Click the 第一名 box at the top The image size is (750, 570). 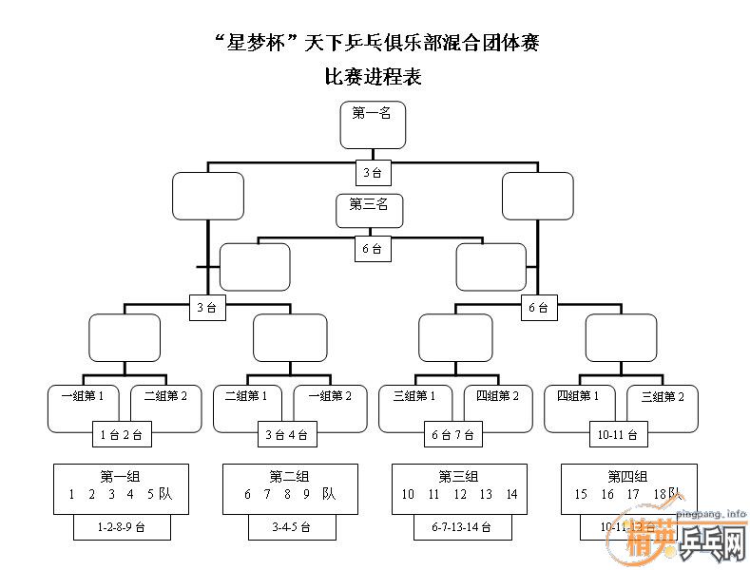click(x=373, y=124)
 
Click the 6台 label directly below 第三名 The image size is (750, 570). click(x=372, y=249)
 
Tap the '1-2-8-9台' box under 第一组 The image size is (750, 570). click(x=122, y=526)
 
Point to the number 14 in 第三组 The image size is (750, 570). click(x=511, y=494)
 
